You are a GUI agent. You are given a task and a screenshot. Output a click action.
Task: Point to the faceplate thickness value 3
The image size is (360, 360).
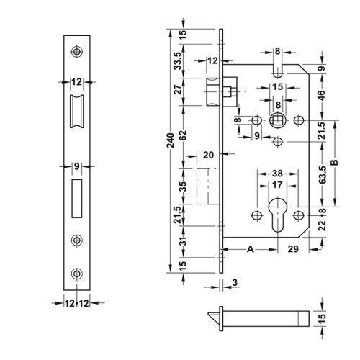[x=235, y=283]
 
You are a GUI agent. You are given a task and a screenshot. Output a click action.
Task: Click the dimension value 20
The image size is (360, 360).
[x=210, y=154]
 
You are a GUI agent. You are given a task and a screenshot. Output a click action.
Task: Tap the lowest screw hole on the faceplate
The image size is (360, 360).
[x=76, y=274]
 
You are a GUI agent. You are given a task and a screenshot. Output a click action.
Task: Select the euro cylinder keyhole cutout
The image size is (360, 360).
[x=276, y=215]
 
